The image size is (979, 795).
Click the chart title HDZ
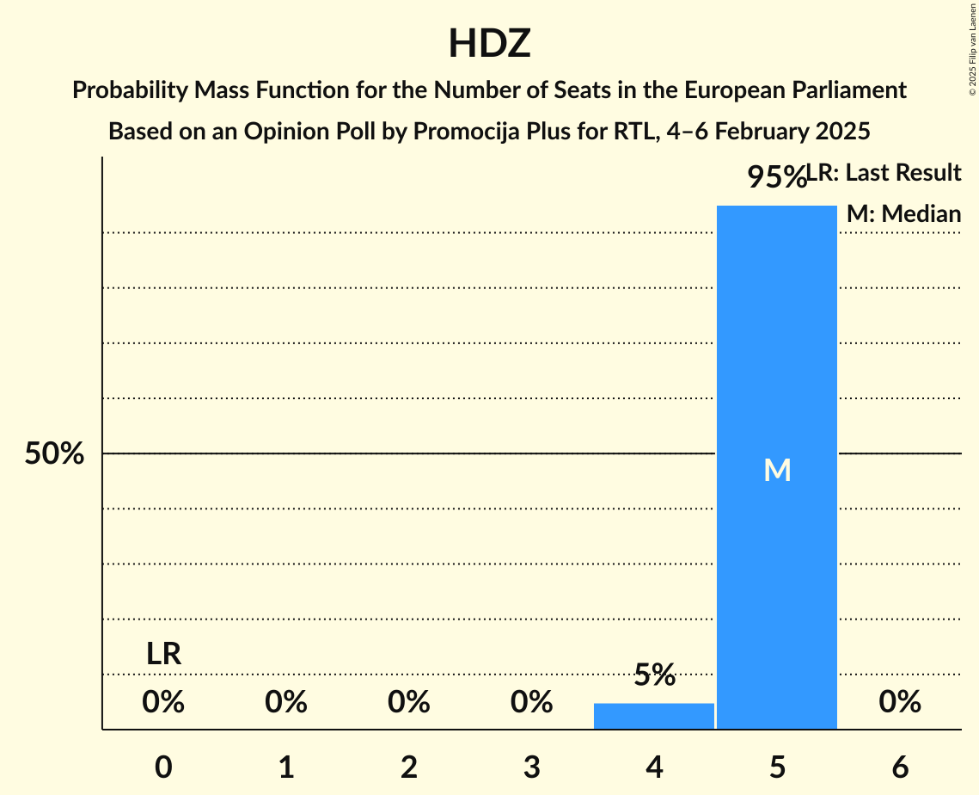[x=489, y=44]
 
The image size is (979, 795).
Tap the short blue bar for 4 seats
[x=654, y=716]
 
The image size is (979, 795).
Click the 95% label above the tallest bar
[x=775, y=177]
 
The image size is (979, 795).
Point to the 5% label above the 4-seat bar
[x=655, y=675]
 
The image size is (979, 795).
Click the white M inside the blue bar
[x=777, y=470]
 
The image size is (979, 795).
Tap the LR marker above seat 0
[x=163, y=654]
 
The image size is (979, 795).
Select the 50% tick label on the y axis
[x=54, y=453]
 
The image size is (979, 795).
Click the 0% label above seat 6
[x=900, y=703]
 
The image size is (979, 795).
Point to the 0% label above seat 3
[x=532, y=703]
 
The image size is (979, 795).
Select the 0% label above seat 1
[x=286, y=703]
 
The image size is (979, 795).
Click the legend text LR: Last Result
[x=884, y=173]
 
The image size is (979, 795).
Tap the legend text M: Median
[x=903, y=213]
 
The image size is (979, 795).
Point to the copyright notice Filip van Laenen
[x=972, y=48]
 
